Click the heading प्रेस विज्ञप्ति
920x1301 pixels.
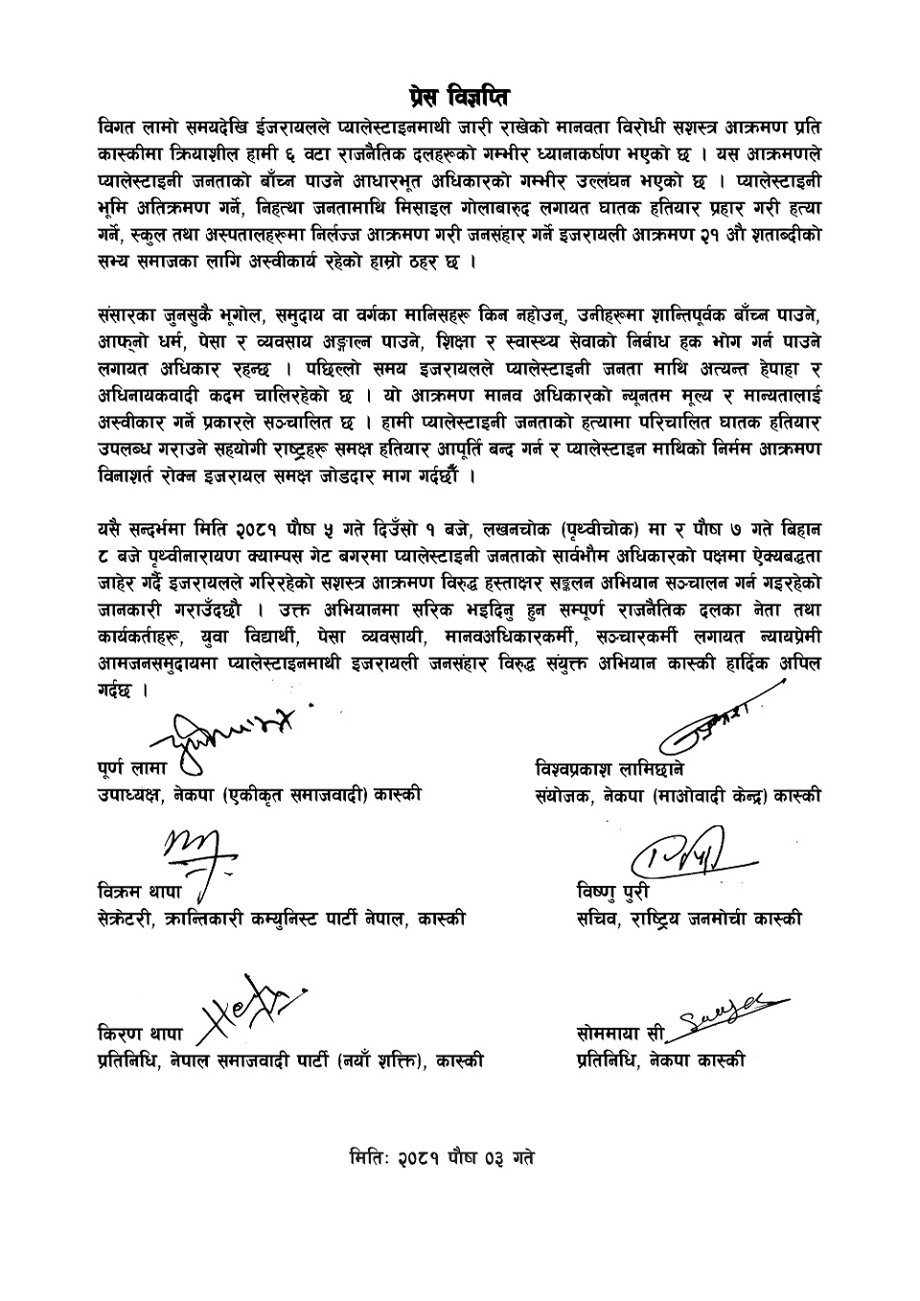458,97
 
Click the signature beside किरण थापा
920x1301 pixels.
250,1013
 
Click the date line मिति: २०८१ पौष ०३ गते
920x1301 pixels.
443,1157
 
